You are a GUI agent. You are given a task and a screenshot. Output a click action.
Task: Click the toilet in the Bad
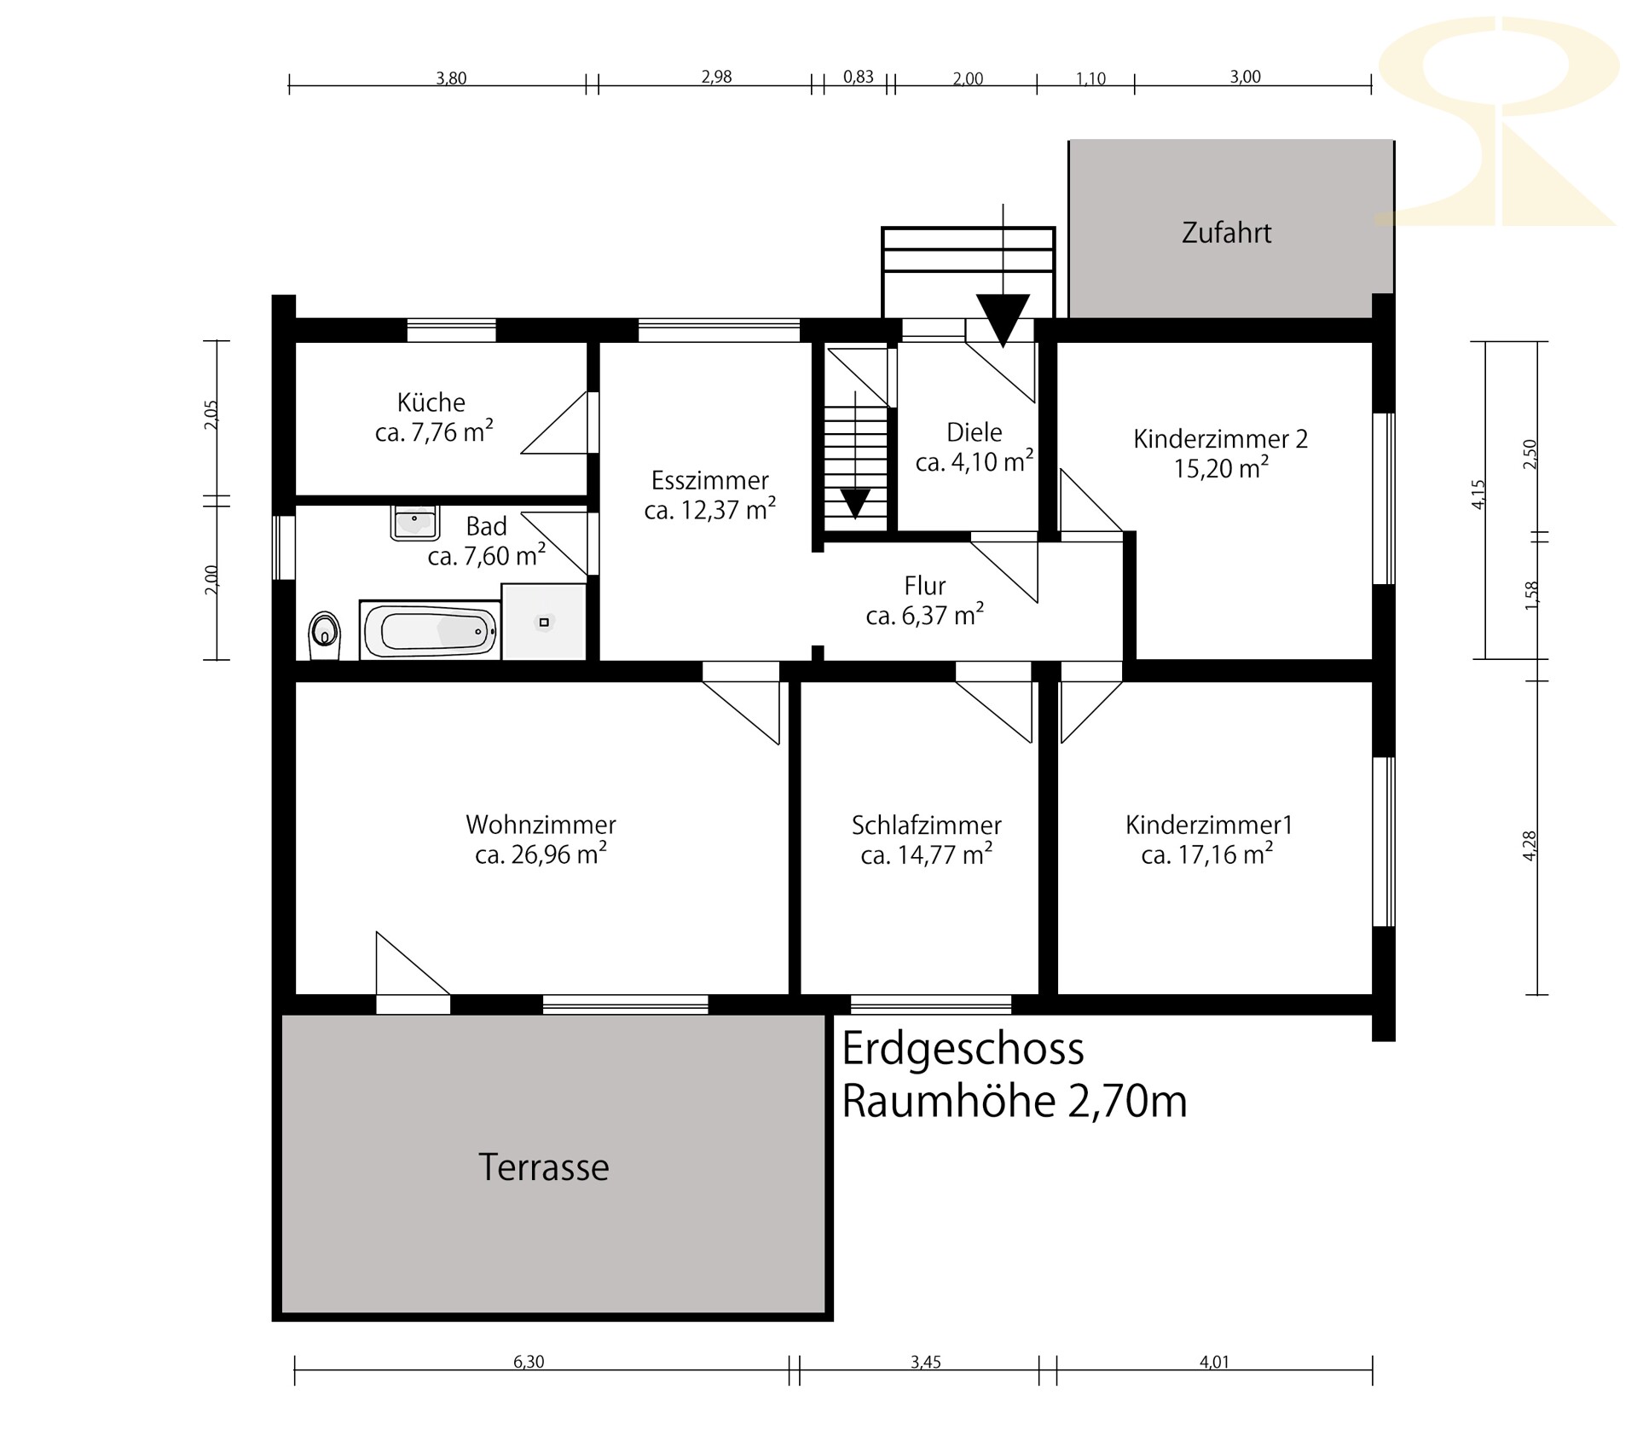[323, 634]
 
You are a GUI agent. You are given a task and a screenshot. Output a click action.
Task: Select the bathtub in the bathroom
[430, 630]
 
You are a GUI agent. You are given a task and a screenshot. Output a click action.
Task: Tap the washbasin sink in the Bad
[414, 522]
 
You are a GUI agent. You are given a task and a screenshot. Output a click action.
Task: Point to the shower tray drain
[544, 622]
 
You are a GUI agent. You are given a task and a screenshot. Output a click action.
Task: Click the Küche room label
[431, 402]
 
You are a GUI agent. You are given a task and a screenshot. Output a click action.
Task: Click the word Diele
[975, 432]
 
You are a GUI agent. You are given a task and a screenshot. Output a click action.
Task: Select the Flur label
[925, 586]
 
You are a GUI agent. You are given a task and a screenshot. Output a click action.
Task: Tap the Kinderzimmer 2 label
[1220, 439]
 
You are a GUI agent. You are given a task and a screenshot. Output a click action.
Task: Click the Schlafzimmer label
[927, 825]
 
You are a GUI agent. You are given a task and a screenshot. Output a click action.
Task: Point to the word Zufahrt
[1227, 233]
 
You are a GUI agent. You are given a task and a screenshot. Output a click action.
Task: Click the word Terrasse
[544, 1167]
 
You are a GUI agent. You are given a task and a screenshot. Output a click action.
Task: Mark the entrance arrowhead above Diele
[1004, 320]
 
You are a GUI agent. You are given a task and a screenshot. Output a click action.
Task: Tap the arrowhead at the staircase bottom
[855, 503]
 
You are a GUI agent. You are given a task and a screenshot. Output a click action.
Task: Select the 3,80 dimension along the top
[451, 78]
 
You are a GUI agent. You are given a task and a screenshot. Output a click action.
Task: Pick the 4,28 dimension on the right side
[1530, 846]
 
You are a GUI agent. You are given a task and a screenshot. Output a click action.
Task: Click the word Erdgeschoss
[963, 1050]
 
